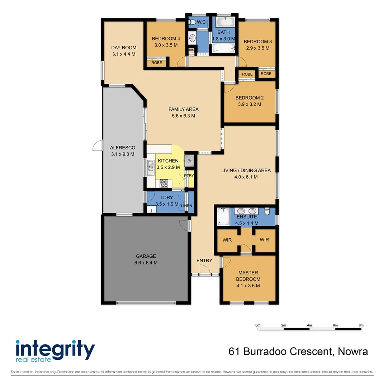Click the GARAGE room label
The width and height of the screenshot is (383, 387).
146,256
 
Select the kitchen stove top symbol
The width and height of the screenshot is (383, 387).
164,183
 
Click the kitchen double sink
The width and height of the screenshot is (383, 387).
150,166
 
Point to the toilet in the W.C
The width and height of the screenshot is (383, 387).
193,23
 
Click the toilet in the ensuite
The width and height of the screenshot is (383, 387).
267,212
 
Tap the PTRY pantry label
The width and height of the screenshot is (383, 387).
189,176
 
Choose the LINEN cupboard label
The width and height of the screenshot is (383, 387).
186,206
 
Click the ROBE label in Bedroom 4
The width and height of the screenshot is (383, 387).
156,63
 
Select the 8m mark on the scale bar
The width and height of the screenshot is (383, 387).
361,325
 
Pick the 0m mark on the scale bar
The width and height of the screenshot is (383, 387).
257,325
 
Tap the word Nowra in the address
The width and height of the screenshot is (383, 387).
353,352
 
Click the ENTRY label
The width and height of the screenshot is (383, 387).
204,261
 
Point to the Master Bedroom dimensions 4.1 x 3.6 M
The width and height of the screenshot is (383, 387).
248,286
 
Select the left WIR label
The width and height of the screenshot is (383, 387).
227,240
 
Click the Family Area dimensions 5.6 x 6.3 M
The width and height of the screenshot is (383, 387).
183,116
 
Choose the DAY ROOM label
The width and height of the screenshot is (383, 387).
123,48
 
